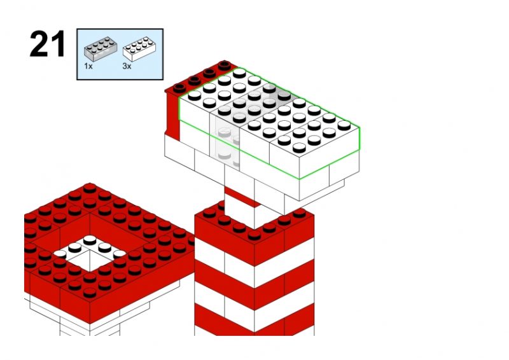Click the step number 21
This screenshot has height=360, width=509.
click(47, 44)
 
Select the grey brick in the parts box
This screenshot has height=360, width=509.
click(101, 49)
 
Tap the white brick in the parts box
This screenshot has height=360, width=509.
click(139, 50)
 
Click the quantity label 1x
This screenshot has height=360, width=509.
click(88, 66)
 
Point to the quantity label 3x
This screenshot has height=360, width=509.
click(127, 66)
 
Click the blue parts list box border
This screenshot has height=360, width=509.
click(77, 54)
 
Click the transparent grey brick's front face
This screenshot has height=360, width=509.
click(225, 142)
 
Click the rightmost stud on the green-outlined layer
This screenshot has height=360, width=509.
click(344, 125)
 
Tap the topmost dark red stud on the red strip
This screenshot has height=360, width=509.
click(225, 66)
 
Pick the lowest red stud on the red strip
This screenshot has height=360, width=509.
click(179, 88)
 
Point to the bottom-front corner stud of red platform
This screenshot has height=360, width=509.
click(90, 293)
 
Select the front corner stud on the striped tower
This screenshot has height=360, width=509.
click(254, 235)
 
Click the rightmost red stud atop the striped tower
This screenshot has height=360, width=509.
click(299, 213)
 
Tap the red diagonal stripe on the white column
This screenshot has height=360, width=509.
click(242, 197)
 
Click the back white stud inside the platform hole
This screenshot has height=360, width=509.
click(90, 240)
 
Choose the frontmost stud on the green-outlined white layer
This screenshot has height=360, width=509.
click(299, 148)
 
